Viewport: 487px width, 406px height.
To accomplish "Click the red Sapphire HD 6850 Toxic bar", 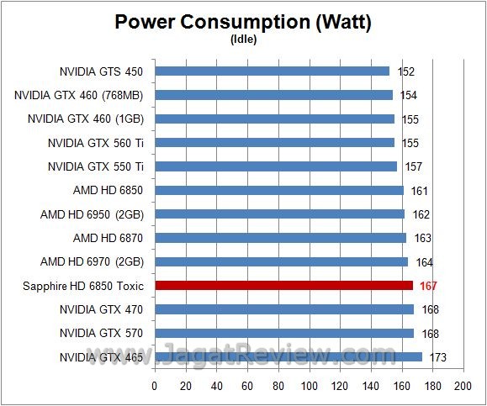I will pos(283,286).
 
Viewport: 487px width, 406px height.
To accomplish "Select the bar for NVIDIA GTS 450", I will pos(272,71).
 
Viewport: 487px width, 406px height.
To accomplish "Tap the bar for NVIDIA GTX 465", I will pos(288,357).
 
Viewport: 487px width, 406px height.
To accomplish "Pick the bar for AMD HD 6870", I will pos(280,238).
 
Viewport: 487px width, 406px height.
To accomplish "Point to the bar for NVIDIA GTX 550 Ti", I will pos(276,166).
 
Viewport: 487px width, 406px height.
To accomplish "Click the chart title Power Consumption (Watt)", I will pos(243,22).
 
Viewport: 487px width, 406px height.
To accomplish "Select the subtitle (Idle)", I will pos(243,39).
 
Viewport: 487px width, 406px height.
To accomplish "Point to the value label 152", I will pos(407,72).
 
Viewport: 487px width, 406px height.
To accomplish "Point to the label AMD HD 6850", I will pos(109,191).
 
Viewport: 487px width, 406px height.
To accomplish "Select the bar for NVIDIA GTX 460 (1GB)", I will pos(274,119).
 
